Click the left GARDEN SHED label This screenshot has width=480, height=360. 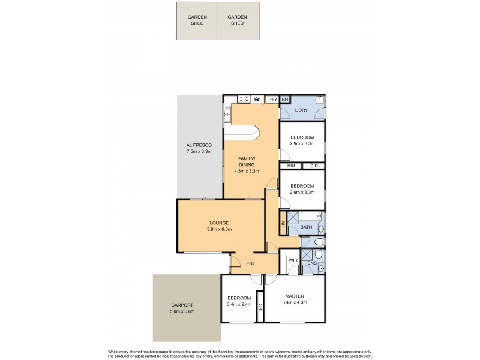tap(197, 20)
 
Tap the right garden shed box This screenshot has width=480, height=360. tap(238, 22)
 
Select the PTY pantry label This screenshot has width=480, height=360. tap(272, 100)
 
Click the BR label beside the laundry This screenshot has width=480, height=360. tap(286, 100)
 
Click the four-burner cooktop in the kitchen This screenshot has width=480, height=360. tap(244, 100)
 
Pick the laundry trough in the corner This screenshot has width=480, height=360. tap(320, 100)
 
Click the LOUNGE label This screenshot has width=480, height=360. tap(220, 223)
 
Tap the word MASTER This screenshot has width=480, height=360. tap(294, 296)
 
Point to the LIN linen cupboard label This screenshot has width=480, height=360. tap(282, 226)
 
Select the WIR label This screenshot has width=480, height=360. tap(293, 260)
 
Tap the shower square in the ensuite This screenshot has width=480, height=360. tap(307, 254)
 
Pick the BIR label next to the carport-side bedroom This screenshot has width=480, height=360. tap(260, 308)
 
